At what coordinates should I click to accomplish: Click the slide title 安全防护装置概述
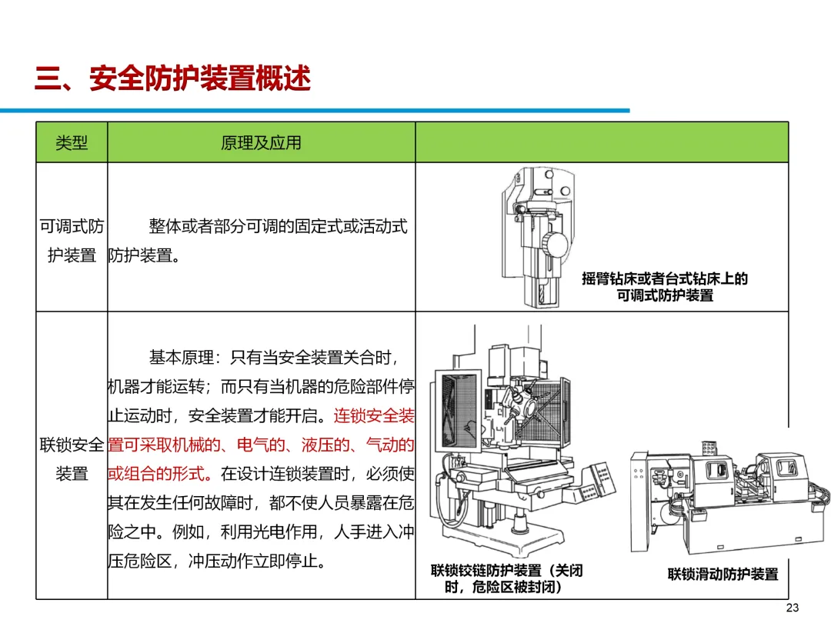click(200, 78)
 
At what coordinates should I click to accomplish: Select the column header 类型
click(72, 142)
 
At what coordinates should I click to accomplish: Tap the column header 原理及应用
click(261, 142)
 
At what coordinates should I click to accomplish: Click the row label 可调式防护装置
click(72, 241)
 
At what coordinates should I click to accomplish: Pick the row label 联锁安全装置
click(72, 458)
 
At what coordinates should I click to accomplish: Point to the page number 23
click(793, 608)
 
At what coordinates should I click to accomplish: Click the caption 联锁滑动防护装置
click(723, 574)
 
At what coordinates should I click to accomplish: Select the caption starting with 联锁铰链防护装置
click(506, 578)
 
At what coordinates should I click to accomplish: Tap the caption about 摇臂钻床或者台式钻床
click(665, 287)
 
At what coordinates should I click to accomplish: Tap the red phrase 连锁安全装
click(374, 416)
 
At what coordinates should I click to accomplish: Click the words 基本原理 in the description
click(181, 358)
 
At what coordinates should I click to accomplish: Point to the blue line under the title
click(315, 111)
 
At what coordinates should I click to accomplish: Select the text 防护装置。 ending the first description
click(145, 255)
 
